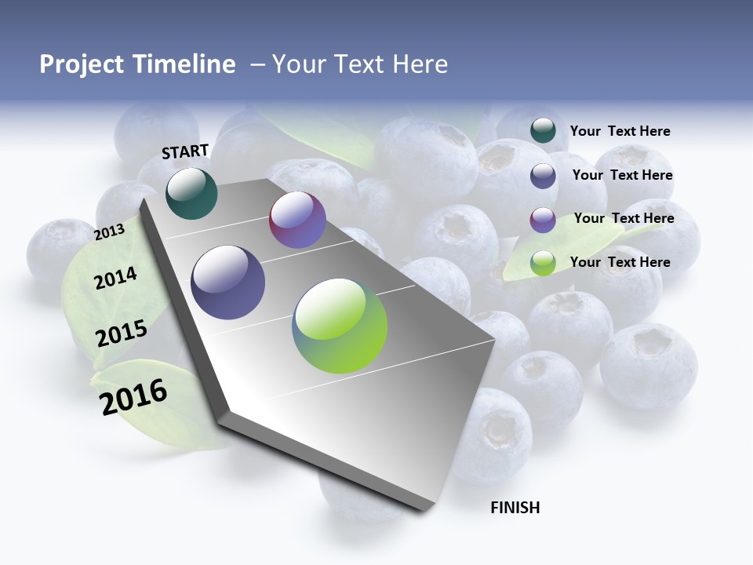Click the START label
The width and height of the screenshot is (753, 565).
click(185, 151)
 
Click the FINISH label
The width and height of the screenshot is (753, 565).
click(515, 508)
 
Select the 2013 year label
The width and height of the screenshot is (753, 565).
click(110, 231)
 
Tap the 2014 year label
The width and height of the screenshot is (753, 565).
click(116, 278)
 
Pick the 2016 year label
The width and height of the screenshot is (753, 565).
click(134, 396)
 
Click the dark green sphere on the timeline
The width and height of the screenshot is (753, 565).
click(191, 193)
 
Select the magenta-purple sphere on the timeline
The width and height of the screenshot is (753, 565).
click(297, 220)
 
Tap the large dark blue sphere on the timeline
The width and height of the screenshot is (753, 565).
click(228, 282)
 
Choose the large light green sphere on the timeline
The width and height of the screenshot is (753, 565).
click(340, 326)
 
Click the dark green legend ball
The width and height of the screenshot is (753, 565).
click(543, 131)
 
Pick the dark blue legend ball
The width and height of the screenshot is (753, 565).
click(543, 176)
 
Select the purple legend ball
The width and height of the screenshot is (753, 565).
click(543, 220)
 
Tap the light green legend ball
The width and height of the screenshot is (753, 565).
click(543, 263)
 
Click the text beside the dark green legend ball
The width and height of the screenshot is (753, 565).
click(620, 131)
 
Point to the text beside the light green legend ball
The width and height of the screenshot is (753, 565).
click(620, 262)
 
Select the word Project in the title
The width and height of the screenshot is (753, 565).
click(81, 65)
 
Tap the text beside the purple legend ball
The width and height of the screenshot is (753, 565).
click(624, 218)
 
